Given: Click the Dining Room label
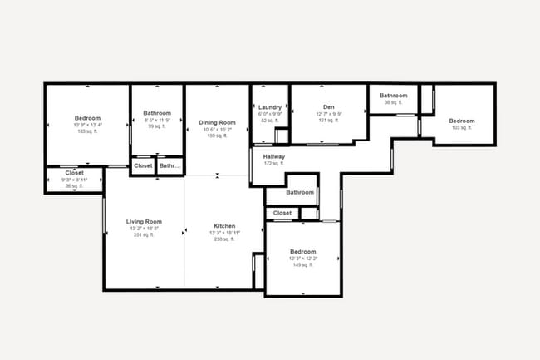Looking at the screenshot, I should coord(217,123).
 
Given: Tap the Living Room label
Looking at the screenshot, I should coord(144,222).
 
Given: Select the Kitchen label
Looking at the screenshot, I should coord(224,226).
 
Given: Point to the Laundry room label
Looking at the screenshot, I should coord(270,107).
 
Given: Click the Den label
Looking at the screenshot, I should coord(329,107).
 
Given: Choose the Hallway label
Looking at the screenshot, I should coord(273,156).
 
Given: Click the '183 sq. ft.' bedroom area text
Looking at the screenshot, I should coord(87,131).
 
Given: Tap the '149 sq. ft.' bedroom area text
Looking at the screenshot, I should coord(302,265).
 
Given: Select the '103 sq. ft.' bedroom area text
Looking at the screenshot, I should coord(462,127).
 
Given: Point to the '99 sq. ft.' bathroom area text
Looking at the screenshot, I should coord(157,126).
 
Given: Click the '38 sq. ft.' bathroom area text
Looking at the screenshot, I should coord(394,103).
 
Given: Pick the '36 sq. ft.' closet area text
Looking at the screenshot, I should coord(75,186).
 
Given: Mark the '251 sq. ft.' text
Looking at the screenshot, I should coord(144,235).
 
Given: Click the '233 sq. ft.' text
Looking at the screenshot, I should coord(224,239).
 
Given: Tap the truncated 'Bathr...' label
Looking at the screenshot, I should coord(170,166).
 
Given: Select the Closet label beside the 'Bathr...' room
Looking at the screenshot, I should coord(143,166).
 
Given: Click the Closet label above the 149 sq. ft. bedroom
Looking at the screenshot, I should coord(282,213).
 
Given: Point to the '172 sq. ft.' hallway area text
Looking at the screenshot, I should coord(273,164).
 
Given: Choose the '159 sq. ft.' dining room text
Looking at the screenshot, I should coord(217,136).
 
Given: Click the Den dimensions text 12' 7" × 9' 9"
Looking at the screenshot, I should coord(329,114).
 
